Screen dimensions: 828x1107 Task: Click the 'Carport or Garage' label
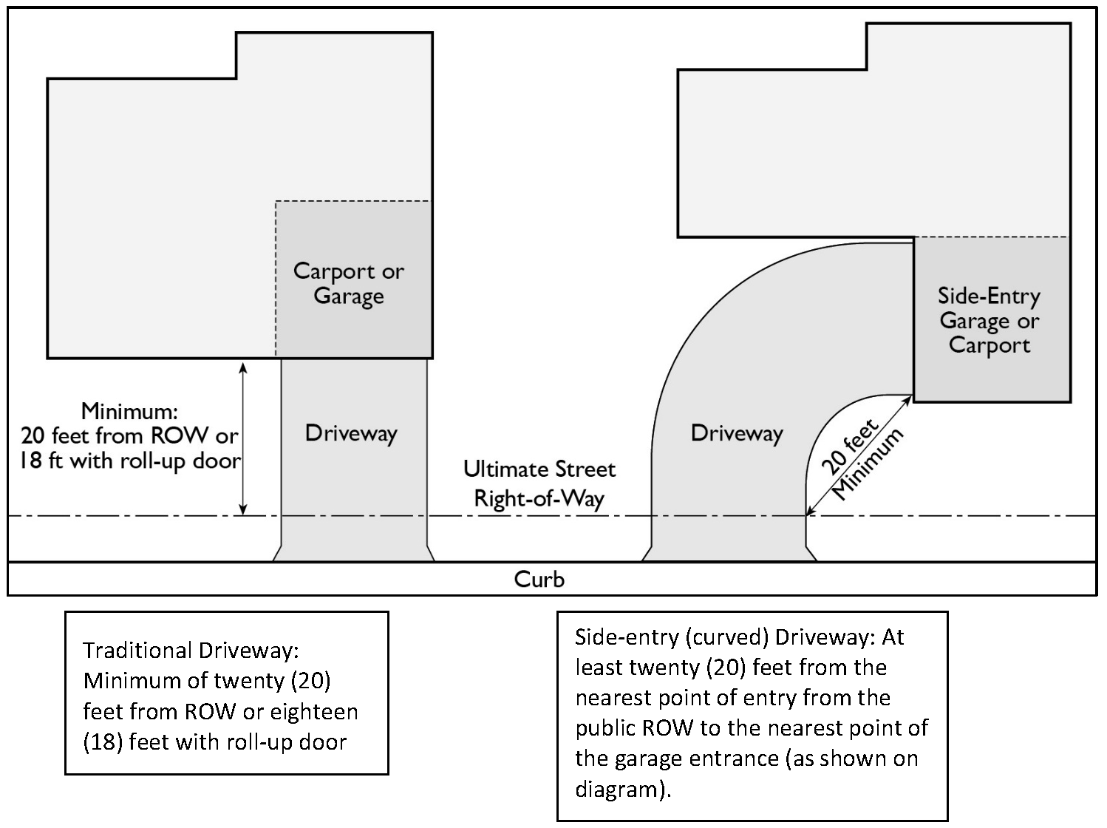(x=349, y=283)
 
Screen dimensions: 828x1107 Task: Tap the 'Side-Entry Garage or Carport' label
(x=989, y=320)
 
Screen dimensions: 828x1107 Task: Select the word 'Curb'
(x=539, y=579)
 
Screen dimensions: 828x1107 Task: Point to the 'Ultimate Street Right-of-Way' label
(x=539, y=483)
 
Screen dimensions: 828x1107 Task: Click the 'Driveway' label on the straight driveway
(x=351, y=433)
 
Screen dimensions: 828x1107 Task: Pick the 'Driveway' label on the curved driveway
(x=737, y=433)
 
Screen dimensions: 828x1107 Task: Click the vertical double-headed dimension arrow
(x=243, y=438)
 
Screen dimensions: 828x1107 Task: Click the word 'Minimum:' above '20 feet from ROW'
(x=129, y=411)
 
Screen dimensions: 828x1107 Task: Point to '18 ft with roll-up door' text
(x=129, y=461)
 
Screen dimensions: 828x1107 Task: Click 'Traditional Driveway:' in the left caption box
(x=191, y=651)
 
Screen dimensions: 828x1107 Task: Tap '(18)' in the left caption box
(x=102, y=742)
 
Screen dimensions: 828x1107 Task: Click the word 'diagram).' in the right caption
(x=623, y=790)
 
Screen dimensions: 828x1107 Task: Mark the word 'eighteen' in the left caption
(x=313, y=711)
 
